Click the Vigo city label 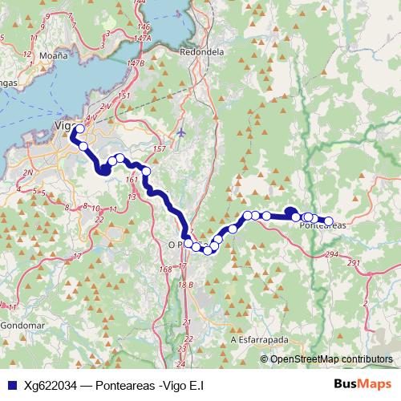click(63, 125)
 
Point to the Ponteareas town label click(322, 225)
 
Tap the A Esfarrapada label click(258, 339)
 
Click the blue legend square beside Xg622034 click(13, 385)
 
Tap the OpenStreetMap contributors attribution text click(332, 359)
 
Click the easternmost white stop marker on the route click(328, 221)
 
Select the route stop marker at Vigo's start click(79, 128)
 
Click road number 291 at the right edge click(354, 263)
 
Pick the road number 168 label click(166, 269)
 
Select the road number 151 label click(124, 96)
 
